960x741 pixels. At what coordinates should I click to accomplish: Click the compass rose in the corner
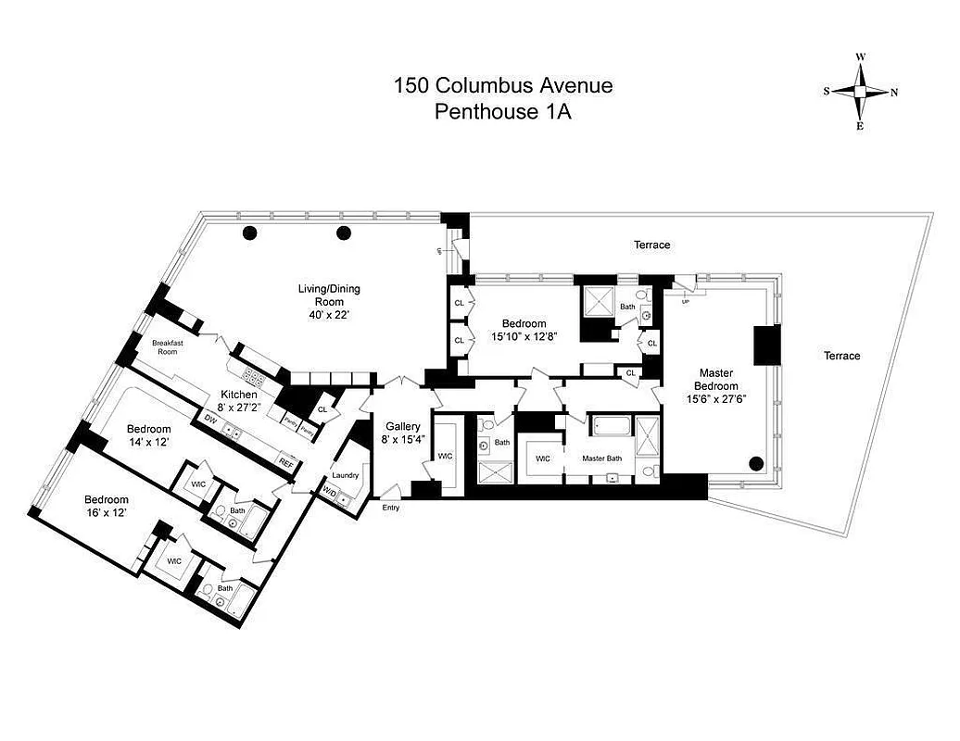[861, 92]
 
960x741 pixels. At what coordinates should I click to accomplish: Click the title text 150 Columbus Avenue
[503, 86]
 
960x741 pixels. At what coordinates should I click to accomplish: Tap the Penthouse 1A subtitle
[503, 111]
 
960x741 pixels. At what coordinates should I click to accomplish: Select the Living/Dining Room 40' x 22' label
[329, 301]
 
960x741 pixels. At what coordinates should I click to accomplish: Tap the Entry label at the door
[391, 508]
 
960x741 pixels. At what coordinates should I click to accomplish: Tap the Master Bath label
[600, 458]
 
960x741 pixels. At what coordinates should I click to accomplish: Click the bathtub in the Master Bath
[613, 427]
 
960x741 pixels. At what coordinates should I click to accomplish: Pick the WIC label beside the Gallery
[444, 456]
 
